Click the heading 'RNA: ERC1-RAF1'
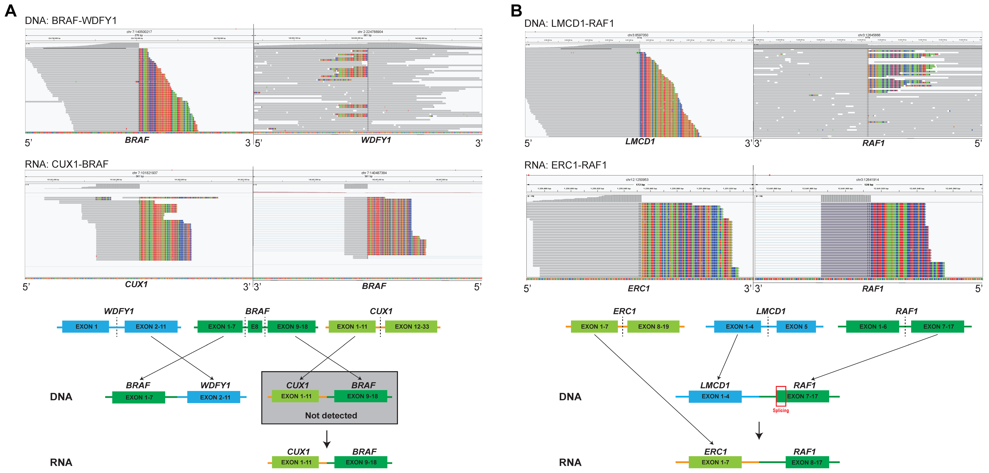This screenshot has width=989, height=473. tap(565, 165)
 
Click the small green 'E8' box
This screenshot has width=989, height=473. tap(255, 326)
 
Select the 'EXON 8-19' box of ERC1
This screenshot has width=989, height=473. tap(653, 326)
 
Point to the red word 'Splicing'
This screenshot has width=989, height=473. tap(781, 410)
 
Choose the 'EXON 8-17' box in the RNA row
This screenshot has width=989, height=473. tap(807, 462)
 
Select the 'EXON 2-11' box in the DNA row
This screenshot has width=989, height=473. tap(215, 397)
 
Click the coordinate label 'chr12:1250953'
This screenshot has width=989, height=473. tap(637, 180)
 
